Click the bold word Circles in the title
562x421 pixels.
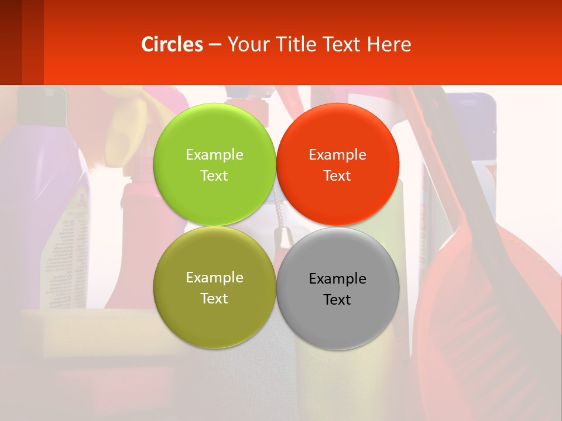point(172,44)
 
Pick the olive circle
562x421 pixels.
point(214,316)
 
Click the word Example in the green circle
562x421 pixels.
point(214,154)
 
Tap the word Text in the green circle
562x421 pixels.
point(214,175)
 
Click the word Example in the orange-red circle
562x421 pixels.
point(337,154)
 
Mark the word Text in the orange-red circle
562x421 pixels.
point(337,175)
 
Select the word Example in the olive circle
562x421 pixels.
point(214,278)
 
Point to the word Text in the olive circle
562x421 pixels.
point(214,298)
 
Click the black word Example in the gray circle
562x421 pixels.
point(337,279)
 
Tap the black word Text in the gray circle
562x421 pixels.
point(337,299)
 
